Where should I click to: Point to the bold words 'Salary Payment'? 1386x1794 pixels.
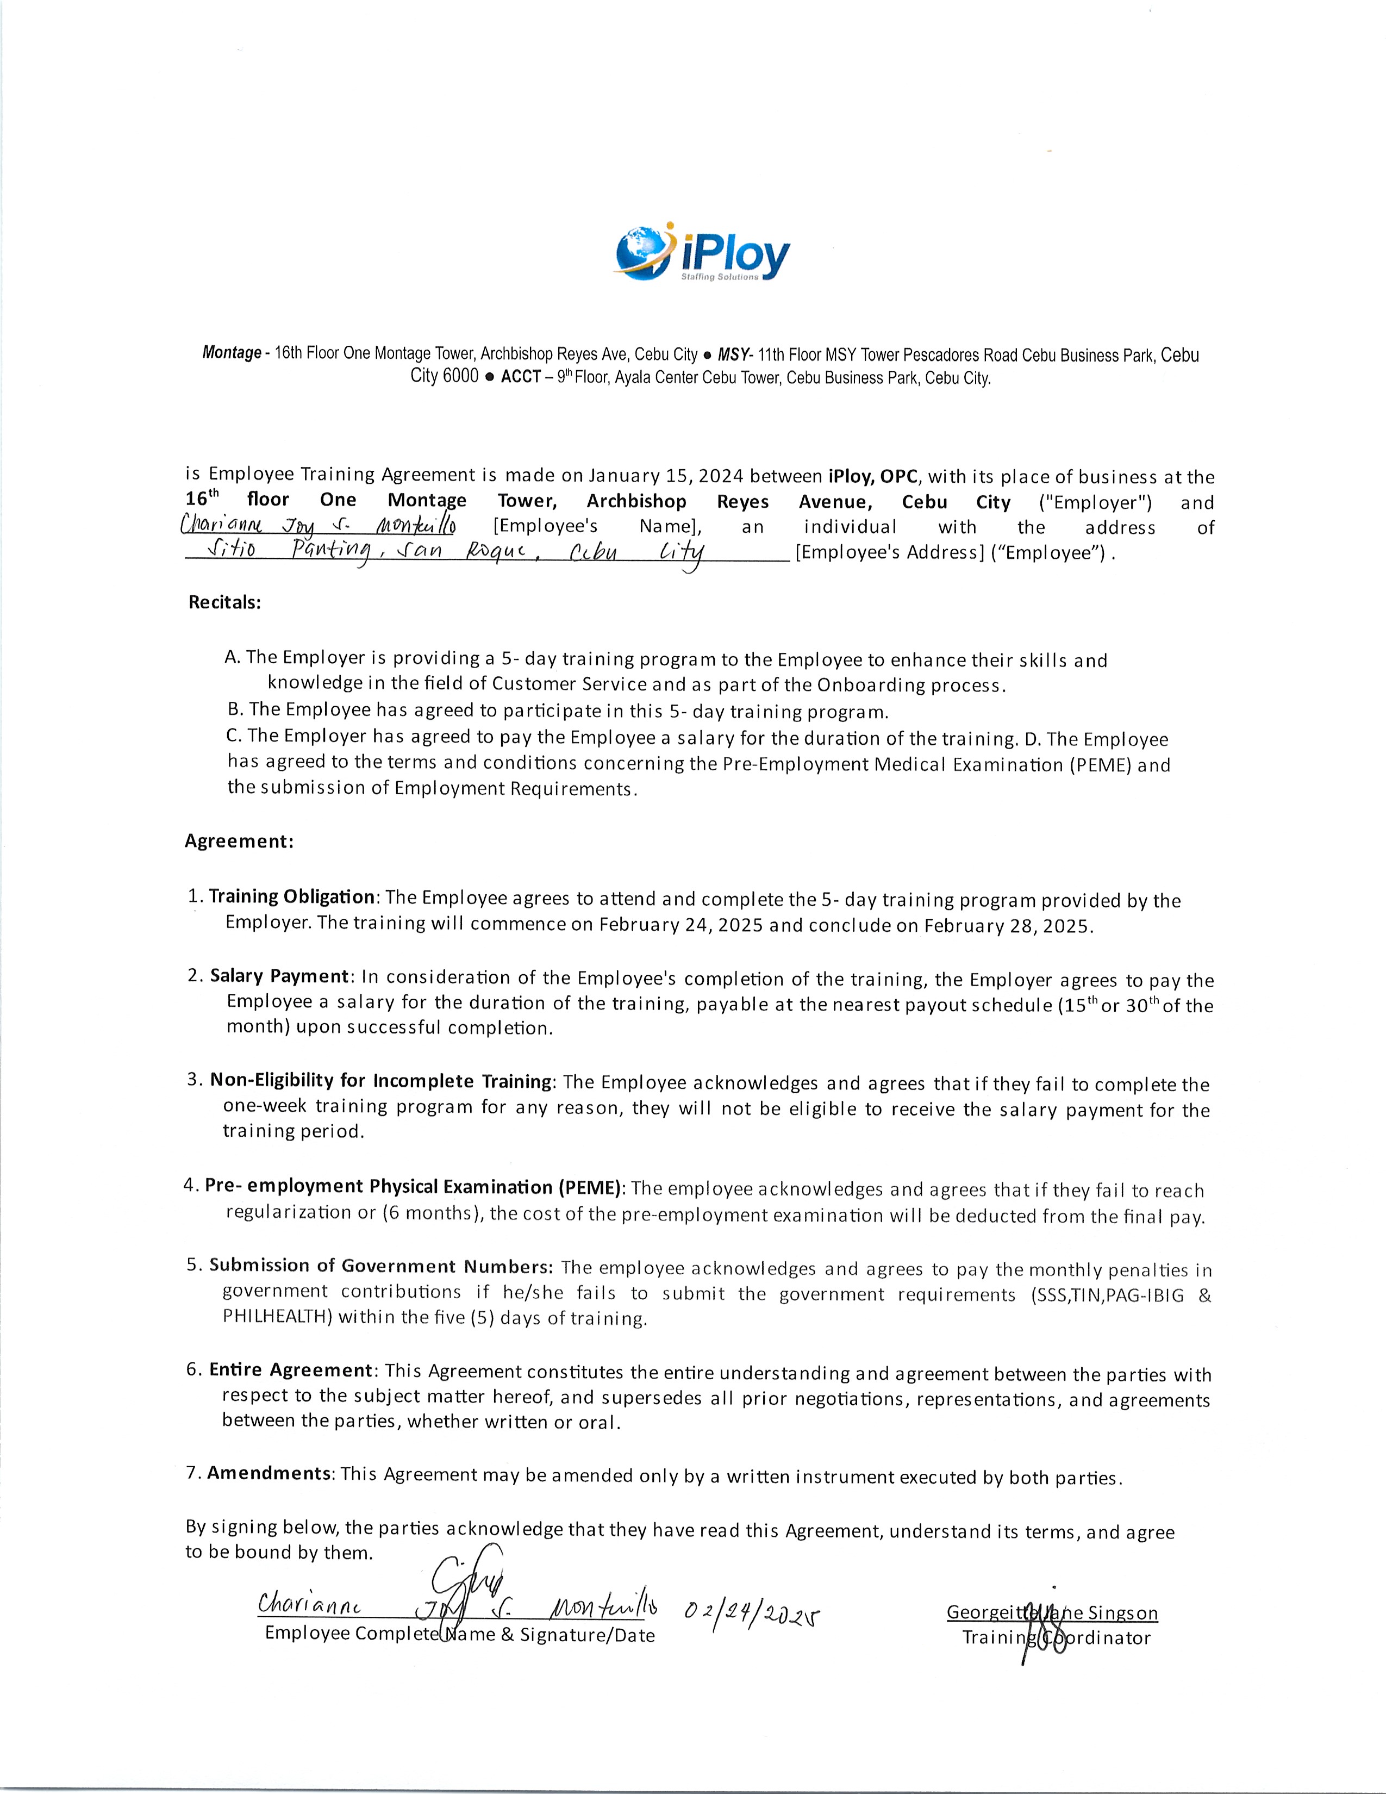tap(279, 976)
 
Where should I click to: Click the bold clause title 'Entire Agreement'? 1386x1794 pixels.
tap(291, 1369)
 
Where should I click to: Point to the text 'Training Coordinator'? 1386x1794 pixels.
tap(1056, 1638)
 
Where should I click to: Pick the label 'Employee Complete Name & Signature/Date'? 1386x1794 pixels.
tap(460, 1635)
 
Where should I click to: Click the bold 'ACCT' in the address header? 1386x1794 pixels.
tap(521, 377)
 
